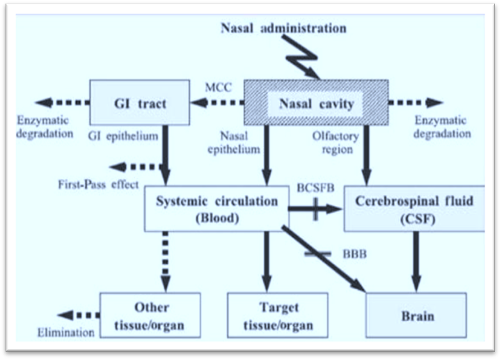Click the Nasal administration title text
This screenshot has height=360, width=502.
click(283, 29)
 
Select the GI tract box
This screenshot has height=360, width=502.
click(140, 103)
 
